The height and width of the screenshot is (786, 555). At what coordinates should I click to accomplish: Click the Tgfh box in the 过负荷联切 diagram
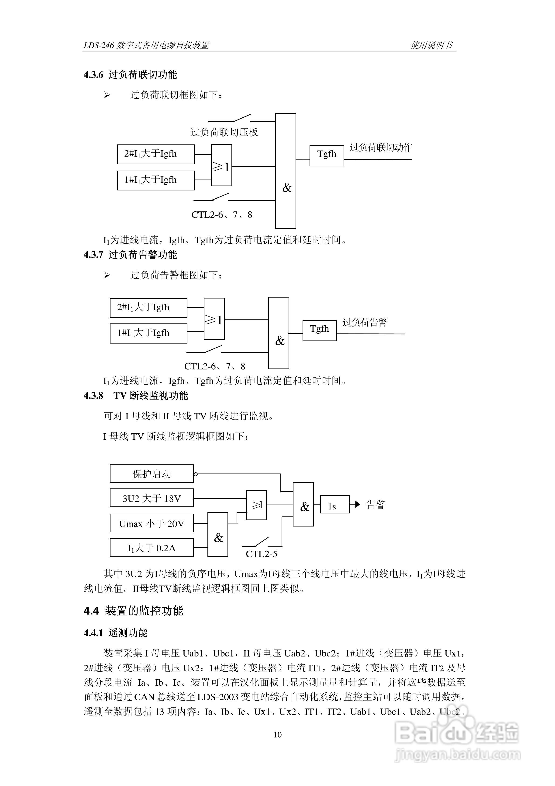click(x=327, y=156)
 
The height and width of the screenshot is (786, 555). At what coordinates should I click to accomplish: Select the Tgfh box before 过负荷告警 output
click(x=319, y=331)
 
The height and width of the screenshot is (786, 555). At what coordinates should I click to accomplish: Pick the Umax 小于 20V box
click(x=152, y=523)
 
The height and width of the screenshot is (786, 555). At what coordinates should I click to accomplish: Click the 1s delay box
click(x=334, y=504)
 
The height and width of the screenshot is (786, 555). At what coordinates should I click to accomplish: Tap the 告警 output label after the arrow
click(x=376, y=505)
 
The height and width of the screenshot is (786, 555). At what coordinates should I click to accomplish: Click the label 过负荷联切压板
click(x=224, y=132)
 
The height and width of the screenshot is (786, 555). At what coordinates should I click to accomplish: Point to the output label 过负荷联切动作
click(x=380, y=147)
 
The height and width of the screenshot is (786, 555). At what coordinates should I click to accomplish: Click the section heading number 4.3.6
click(x=93, y=75)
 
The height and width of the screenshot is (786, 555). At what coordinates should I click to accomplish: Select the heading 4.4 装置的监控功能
click(x=133, y=611)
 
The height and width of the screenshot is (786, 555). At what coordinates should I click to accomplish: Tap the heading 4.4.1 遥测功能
click(x=116, y=633)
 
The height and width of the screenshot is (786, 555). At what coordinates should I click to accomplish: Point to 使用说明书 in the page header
click(x=431, y=45)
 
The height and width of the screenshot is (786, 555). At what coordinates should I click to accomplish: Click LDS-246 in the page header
click(x=99, y=46)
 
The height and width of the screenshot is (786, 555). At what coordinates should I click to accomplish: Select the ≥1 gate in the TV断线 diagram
click(x=256, y=505)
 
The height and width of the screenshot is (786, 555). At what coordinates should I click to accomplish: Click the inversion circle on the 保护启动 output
click(x=196, y=474)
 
